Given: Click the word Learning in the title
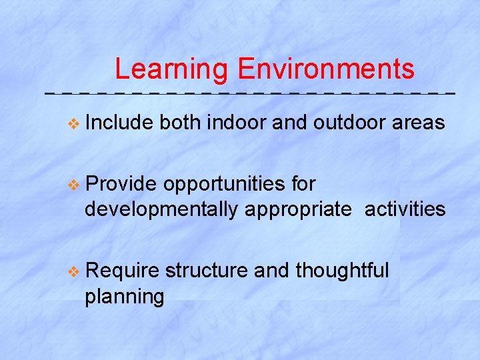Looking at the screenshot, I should coord(171,69).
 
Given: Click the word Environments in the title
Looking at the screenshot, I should coord(325,69).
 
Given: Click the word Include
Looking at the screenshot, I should coord(120,123).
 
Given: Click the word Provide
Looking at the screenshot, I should coord(121,183).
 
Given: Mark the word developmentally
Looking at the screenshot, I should coord(161,210).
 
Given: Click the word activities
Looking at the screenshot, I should coord(405,209).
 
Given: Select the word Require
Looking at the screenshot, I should coord(122,271).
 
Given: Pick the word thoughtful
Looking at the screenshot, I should coord(342,271).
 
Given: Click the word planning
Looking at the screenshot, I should coord(124,297).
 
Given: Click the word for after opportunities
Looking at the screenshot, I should coord(303,183).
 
